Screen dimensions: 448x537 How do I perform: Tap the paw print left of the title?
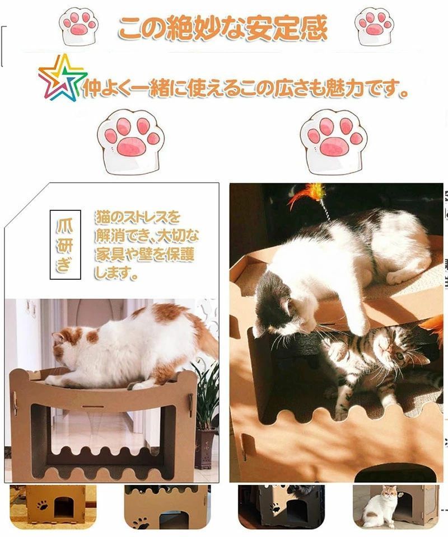pos(78,26)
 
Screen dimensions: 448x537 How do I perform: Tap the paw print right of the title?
pos(374,26)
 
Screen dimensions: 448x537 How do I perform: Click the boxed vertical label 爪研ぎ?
pos(65,244)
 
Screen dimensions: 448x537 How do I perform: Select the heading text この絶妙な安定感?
pos(223,27)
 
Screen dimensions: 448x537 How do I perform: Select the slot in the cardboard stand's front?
pos(93,407)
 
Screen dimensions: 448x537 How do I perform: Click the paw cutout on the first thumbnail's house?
pos(43,505)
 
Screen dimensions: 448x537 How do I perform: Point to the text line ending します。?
pos(116,273)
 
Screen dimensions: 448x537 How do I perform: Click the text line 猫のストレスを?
pos(137,217)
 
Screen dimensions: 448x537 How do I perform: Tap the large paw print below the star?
pos(130,142)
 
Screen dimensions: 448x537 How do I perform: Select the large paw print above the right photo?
pos(334,142)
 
